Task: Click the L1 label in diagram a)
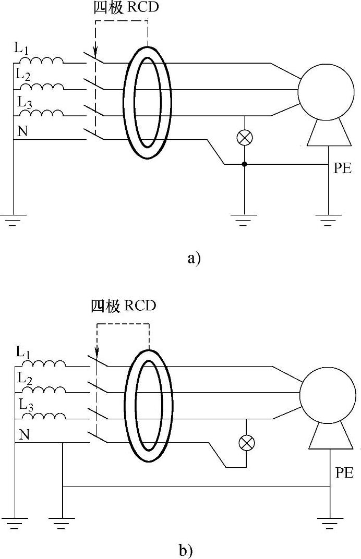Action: [x=22, y=50]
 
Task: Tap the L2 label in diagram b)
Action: [x=24, y=378]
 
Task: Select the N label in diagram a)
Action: [x=22, y=131]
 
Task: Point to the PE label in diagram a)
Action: [x=342, y=169]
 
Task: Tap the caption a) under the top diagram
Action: [x=194, y=258]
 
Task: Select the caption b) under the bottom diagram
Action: [x=185, y=550]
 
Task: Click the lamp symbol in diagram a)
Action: [x=244, y=137]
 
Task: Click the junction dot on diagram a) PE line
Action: [x=244, y=165]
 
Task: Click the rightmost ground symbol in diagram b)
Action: [x=329, y=522]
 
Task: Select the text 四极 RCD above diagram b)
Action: [x=123, y=306]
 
